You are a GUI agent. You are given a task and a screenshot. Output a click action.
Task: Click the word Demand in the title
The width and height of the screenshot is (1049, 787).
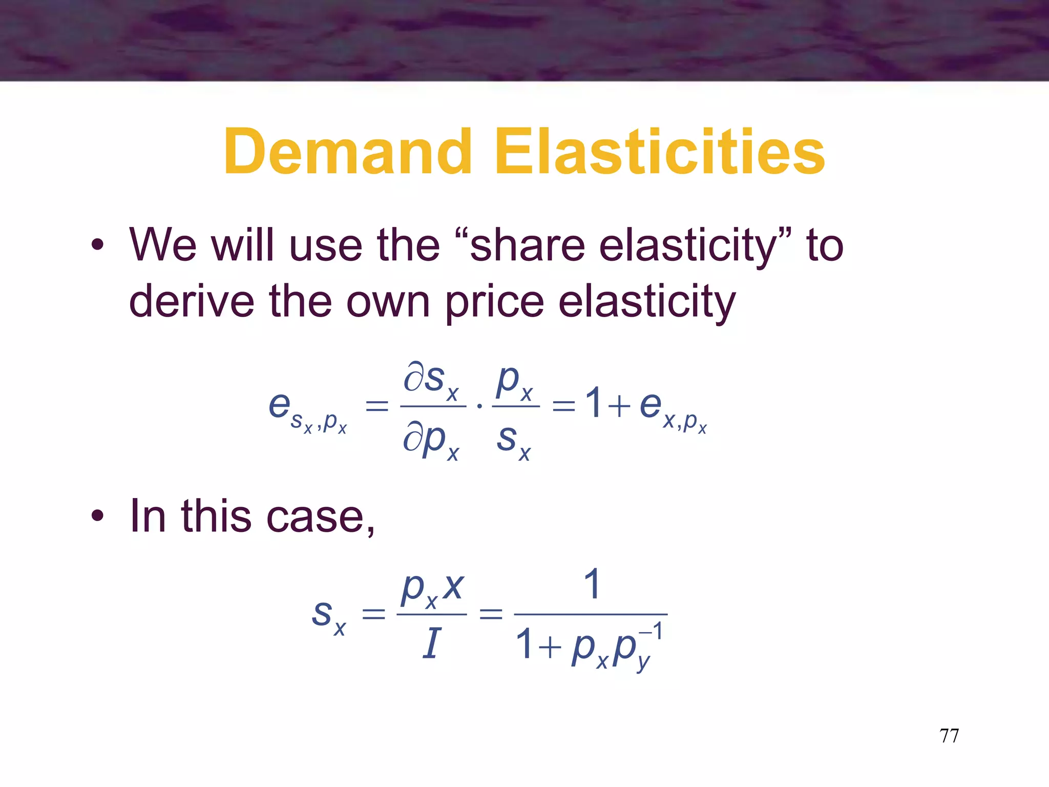point(347,152)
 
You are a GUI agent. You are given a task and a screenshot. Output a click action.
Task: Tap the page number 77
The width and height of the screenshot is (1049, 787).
point(949,736)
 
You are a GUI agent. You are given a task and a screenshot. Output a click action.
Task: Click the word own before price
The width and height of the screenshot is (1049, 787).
point(388,302)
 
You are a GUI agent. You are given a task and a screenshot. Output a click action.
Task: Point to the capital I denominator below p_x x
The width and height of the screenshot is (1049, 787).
point(431,644)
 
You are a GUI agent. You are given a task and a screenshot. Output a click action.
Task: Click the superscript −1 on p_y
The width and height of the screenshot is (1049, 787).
point(652,631)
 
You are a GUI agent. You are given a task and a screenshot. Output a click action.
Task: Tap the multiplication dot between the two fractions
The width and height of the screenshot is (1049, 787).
point(479,406)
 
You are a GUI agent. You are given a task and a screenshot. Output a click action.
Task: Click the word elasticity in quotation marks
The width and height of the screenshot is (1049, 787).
point(688,246)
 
